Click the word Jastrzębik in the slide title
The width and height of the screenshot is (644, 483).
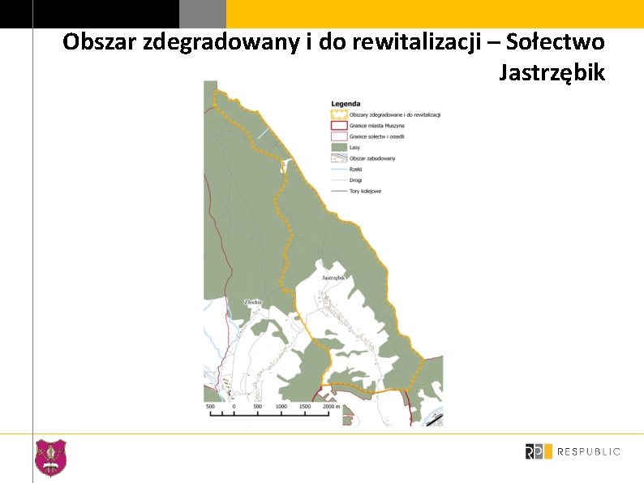(x=552, y=73)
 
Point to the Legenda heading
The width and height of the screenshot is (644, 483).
(x=346, y=105)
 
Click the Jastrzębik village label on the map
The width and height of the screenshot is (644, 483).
(x=333, y=278)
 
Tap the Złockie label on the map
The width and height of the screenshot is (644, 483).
(x=253, y=302)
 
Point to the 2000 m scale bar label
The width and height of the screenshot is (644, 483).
(x=321, y=406)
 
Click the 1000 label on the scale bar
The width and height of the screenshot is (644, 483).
(x=281, y=406)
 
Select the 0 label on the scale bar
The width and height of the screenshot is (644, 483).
(x=234, y=406)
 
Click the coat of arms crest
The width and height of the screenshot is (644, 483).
(x=50, y=457)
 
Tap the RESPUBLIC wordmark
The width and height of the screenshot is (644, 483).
(x=589, y=451)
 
